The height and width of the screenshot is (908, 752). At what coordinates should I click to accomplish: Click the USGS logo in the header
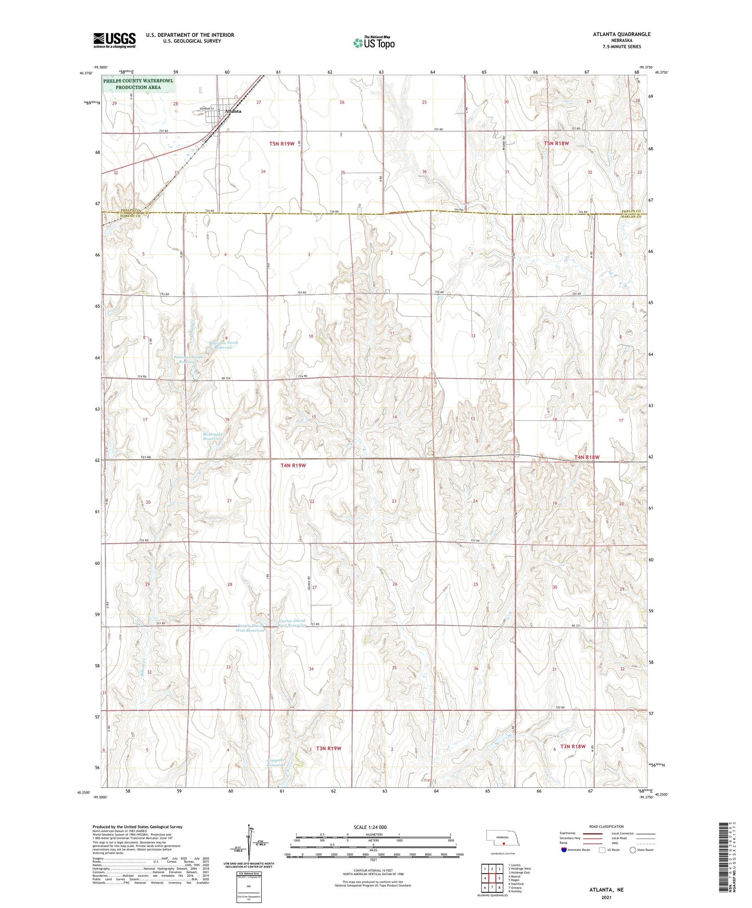click(114, 40)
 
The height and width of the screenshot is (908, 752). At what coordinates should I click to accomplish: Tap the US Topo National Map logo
click(373, 43)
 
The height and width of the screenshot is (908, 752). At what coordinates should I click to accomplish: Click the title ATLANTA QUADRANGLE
click(621, 34)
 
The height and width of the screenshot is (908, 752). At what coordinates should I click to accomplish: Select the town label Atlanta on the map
click(232, 111)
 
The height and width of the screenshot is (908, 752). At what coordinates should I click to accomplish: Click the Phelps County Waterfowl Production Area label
click(138, 84)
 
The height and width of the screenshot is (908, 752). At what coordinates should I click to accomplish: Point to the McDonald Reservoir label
click(212, 436)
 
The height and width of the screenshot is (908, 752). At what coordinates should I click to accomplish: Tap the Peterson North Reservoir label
click(223, 345)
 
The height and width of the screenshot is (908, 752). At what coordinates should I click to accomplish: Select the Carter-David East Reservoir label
click(292, 623)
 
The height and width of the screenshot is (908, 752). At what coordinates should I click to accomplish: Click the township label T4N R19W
click(294, 465)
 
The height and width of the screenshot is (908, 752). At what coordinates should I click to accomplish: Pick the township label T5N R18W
click(556, 143)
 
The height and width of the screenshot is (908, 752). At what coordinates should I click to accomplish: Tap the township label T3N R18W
click(572, 746)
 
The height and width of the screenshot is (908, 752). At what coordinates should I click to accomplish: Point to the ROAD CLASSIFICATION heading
click(606, 826)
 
